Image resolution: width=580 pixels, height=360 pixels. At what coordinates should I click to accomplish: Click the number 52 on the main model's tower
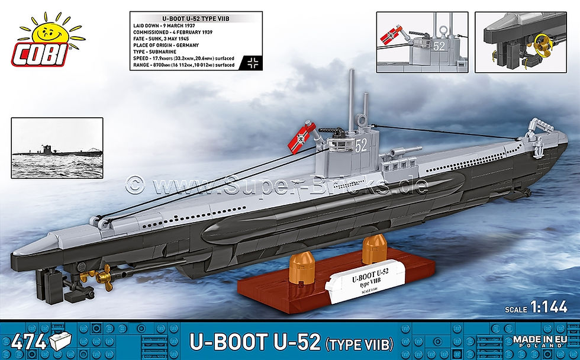point(360,144)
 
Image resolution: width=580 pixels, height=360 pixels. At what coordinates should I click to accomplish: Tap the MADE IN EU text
point(540,339)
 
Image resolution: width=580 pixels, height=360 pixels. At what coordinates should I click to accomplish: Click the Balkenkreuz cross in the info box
point(255,61)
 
